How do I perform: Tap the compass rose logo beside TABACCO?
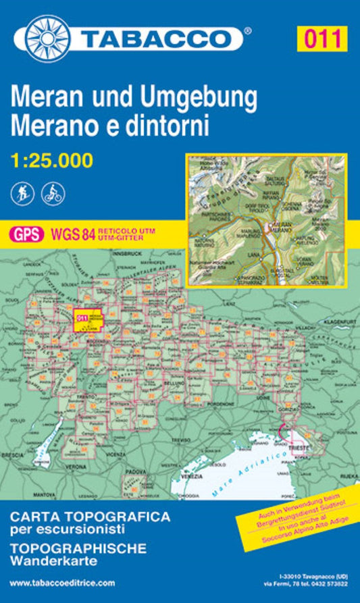tap(49, 35)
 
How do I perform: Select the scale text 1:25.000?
tap(52, 161)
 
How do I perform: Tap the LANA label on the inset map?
tap(274, 255)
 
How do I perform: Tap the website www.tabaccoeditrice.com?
tap(63, 582)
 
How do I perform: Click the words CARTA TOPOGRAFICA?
tap(89, 517)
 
